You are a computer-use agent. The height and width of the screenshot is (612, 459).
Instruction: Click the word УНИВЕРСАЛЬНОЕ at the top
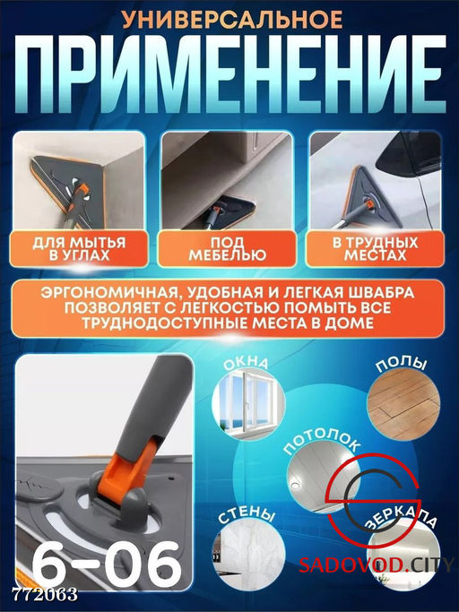click(x=229, y=18)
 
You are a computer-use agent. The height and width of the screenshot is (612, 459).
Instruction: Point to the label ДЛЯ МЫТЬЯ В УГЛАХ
click(x=78, y=249)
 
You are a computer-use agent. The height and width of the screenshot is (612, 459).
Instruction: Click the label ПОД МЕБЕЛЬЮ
click(x=227, y=249)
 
